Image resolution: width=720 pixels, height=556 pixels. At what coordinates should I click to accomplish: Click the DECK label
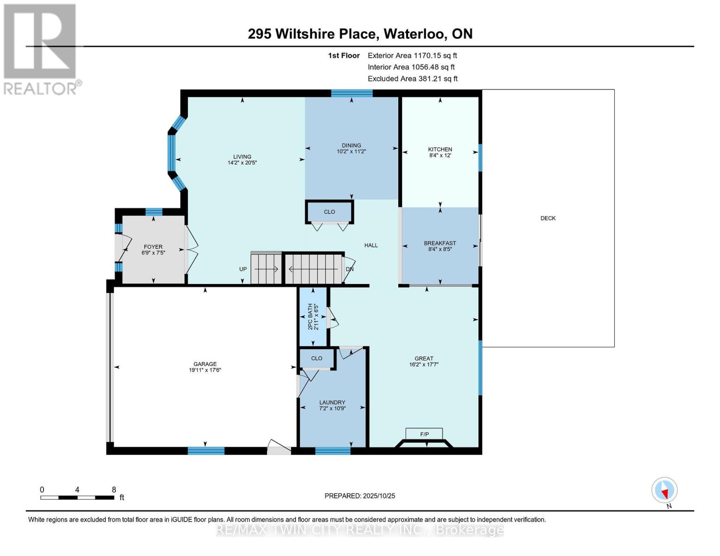548,218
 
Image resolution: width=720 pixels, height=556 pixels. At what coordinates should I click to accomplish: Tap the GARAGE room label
205,364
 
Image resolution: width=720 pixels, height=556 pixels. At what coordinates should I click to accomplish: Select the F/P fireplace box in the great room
424,434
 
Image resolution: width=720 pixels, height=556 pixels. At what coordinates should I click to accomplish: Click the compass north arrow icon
664,490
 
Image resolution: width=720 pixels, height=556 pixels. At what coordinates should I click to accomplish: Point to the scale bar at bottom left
77,498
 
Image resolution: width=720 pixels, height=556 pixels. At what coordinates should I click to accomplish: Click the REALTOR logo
40,49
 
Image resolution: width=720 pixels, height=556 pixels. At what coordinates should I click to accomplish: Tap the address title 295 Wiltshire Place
360,34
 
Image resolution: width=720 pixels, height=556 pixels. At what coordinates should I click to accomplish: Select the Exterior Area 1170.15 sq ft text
412,56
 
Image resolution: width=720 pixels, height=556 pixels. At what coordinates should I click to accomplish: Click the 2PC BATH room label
310,317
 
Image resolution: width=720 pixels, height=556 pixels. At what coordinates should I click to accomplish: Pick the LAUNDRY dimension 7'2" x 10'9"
332,409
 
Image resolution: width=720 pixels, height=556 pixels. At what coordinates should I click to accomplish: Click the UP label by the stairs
243,269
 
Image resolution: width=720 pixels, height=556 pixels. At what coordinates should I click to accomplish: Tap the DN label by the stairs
350,269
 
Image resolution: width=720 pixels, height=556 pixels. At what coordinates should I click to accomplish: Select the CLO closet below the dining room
329,212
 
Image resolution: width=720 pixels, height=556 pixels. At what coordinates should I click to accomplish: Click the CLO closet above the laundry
317,358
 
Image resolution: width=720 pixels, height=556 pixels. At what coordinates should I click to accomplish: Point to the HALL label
371,246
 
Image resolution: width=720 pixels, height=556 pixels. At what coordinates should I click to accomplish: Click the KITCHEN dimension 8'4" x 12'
440,156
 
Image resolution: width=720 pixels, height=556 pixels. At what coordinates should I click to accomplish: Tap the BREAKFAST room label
440,243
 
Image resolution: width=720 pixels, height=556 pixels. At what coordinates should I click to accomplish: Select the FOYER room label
153,247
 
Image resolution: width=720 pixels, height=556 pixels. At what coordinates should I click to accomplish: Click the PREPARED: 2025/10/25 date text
360,496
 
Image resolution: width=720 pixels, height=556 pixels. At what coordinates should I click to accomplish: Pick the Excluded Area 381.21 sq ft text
413,79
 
